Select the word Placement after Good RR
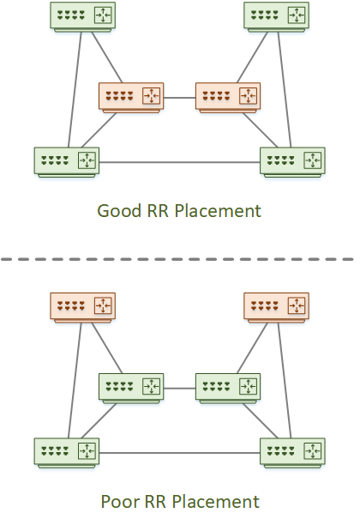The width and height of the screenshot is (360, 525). coord(218,211)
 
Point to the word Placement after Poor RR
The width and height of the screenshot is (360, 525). coord(216,502)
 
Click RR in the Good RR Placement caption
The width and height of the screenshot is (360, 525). coord(158,211)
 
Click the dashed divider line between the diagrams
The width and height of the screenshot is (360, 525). coord(177,259)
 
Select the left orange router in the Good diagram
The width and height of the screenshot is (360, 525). coord(131,98)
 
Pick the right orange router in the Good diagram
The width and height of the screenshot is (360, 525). coord(228,98)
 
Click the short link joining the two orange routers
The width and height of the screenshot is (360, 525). coord(180,98)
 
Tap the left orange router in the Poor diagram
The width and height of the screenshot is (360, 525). coord(82,308)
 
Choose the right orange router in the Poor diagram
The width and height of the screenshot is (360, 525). coord(276,308)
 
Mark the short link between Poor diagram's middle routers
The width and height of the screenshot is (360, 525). coord(180,389)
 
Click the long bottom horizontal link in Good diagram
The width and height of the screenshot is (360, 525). coord(180,162)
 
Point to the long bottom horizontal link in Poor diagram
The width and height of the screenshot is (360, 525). coord(180,453)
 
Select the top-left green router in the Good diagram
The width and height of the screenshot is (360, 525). coord(82,17)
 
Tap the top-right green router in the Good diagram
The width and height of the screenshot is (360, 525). coord(276,17)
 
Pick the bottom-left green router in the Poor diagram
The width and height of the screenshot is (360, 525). coord(67,453)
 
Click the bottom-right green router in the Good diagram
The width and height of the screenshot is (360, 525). coord(292,162)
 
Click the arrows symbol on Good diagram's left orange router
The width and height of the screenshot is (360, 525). coord(151,96)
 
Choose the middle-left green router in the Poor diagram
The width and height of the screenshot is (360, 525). coord(131,388)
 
